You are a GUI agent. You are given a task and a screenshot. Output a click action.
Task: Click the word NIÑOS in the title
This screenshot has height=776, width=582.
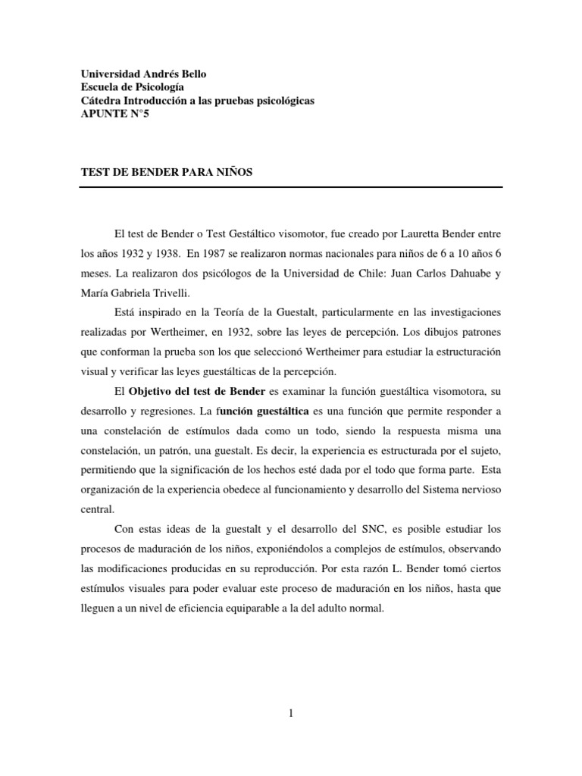pyautogui.click(x=233, y=172)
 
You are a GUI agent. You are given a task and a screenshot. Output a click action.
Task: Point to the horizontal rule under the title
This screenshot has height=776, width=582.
pyautogui.click(x=291, y=186)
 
